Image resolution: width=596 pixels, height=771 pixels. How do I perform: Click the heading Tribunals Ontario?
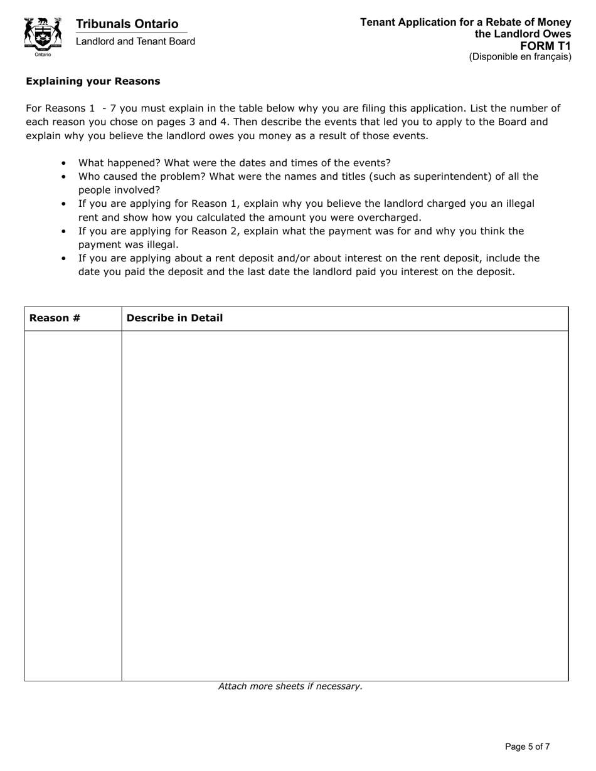127,24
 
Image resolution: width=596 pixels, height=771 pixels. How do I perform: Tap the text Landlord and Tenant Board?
135,41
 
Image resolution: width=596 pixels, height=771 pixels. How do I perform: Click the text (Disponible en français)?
520,57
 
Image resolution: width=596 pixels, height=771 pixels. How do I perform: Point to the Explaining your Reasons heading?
93,81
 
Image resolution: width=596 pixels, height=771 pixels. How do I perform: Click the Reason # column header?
55,318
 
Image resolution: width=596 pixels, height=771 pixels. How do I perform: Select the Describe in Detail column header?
174,318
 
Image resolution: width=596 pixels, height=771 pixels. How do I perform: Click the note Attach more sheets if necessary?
290,686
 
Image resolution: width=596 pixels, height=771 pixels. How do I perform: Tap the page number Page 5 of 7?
527,747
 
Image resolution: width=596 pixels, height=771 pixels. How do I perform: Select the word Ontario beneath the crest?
43,55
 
